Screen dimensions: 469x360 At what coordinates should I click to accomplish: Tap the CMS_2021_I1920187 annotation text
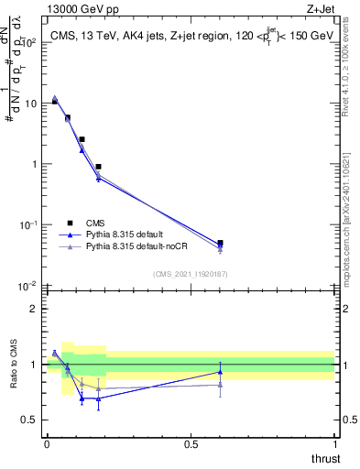(191, 274)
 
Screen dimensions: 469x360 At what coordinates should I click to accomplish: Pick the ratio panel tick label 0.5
(31, 420)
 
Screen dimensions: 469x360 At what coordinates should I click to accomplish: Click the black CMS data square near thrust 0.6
(220, 244)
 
